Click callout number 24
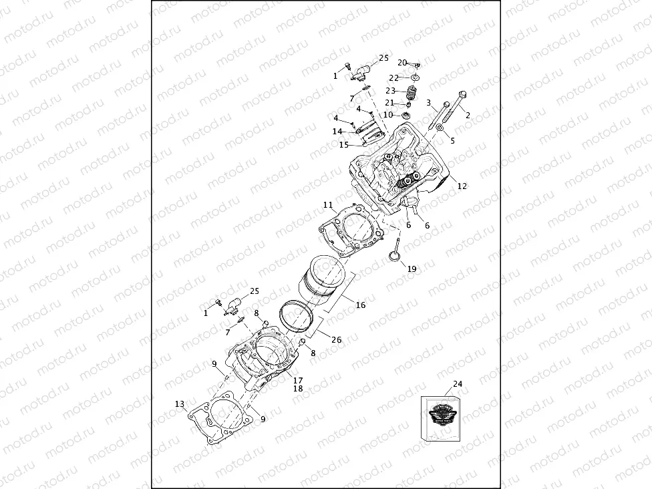457,383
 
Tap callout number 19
412,269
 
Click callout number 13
179,403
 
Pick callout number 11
327,204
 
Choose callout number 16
360,305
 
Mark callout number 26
336,339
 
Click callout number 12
462,186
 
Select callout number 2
468,115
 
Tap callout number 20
402,62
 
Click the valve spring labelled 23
412,93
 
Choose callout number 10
388,114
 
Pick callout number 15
343,144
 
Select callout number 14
337,131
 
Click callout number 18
297,388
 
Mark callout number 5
452,140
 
